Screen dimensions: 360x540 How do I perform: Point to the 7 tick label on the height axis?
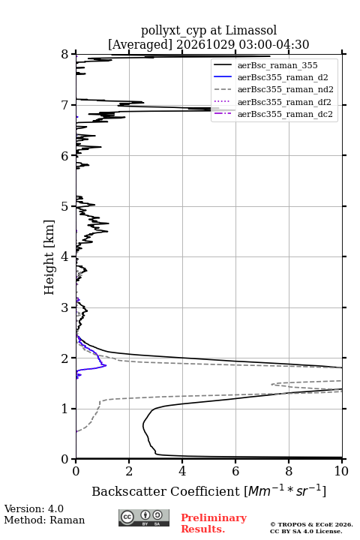[x=65, y=105]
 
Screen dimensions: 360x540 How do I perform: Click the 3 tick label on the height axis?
[x=65, y=307]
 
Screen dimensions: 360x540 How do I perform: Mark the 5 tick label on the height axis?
[x=65, y=206]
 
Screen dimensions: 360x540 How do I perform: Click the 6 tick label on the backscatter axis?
[x=235, y=471]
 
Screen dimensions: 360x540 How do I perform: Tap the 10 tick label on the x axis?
[x=341, y=471]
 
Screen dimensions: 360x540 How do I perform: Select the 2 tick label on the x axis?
[x=129, y=471]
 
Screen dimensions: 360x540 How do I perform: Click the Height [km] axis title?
[x=49, y=257]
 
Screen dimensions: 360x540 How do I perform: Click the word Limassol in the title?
[x=251, y=30]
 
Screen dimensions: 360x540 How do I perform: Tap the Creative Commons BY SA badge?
[x=144, y=517]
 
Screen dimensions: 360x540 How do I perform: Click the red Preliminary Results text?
[x=214, y=523]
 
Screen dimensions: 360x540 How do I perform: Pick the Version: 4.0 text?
[x=34, y=508]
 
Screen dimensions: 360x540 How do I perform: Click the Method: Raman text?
[x=44, y=520]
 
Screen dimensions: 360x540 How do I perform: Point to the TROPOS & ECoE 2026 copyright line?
[x=311, y=524]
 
